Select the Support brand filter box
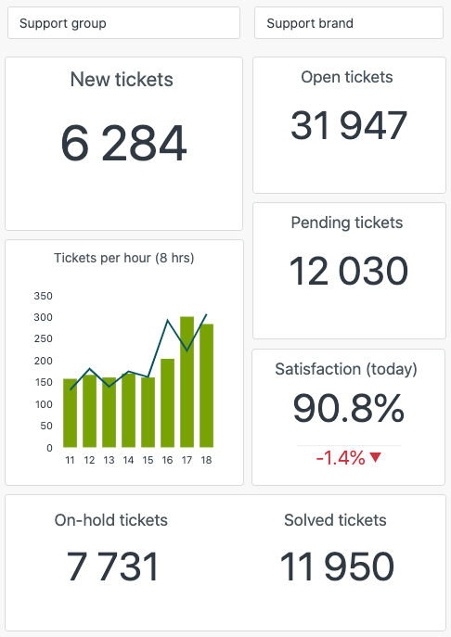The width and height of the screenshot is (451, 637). tap(348, 23)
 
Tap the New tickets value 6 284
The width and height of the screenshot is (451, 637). tap(123, 144)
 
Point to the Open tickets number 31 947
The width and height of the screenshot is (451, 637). tap(348, 125)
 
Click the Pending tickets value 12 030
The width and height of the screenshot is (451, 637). tap(348, 271)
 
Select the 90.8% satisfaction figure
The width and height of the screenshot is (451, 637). tap(348, 409)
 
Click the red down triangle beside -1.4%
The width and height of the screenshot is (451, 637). tap(375, 457)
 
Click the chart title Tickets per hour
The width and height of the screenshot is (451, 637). tap(123, 258)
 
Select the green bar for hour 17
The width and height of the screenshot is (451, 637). tap(187, 382)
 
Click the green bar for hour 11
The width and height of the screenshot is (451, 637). tap(71, 413)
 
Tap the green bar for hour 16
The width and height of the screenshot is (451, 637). tap(167, 403)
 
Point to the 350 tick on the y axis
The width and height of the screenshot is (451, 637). tap(43, 296)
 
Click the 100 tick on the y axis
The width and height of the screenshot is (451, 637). tap(43, 404)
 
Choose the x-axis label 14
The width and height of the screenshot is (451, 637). tap(128, 460)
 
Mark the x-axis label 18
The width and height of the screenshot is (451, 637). tap(206, 460)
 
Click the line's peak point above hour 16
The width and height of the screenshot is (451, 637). tap(167, 322)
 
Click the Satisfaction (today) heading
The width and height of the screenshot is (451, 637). tap(346, 369)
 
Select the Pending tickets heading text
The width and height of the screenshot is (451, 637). tap(347, 223)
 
